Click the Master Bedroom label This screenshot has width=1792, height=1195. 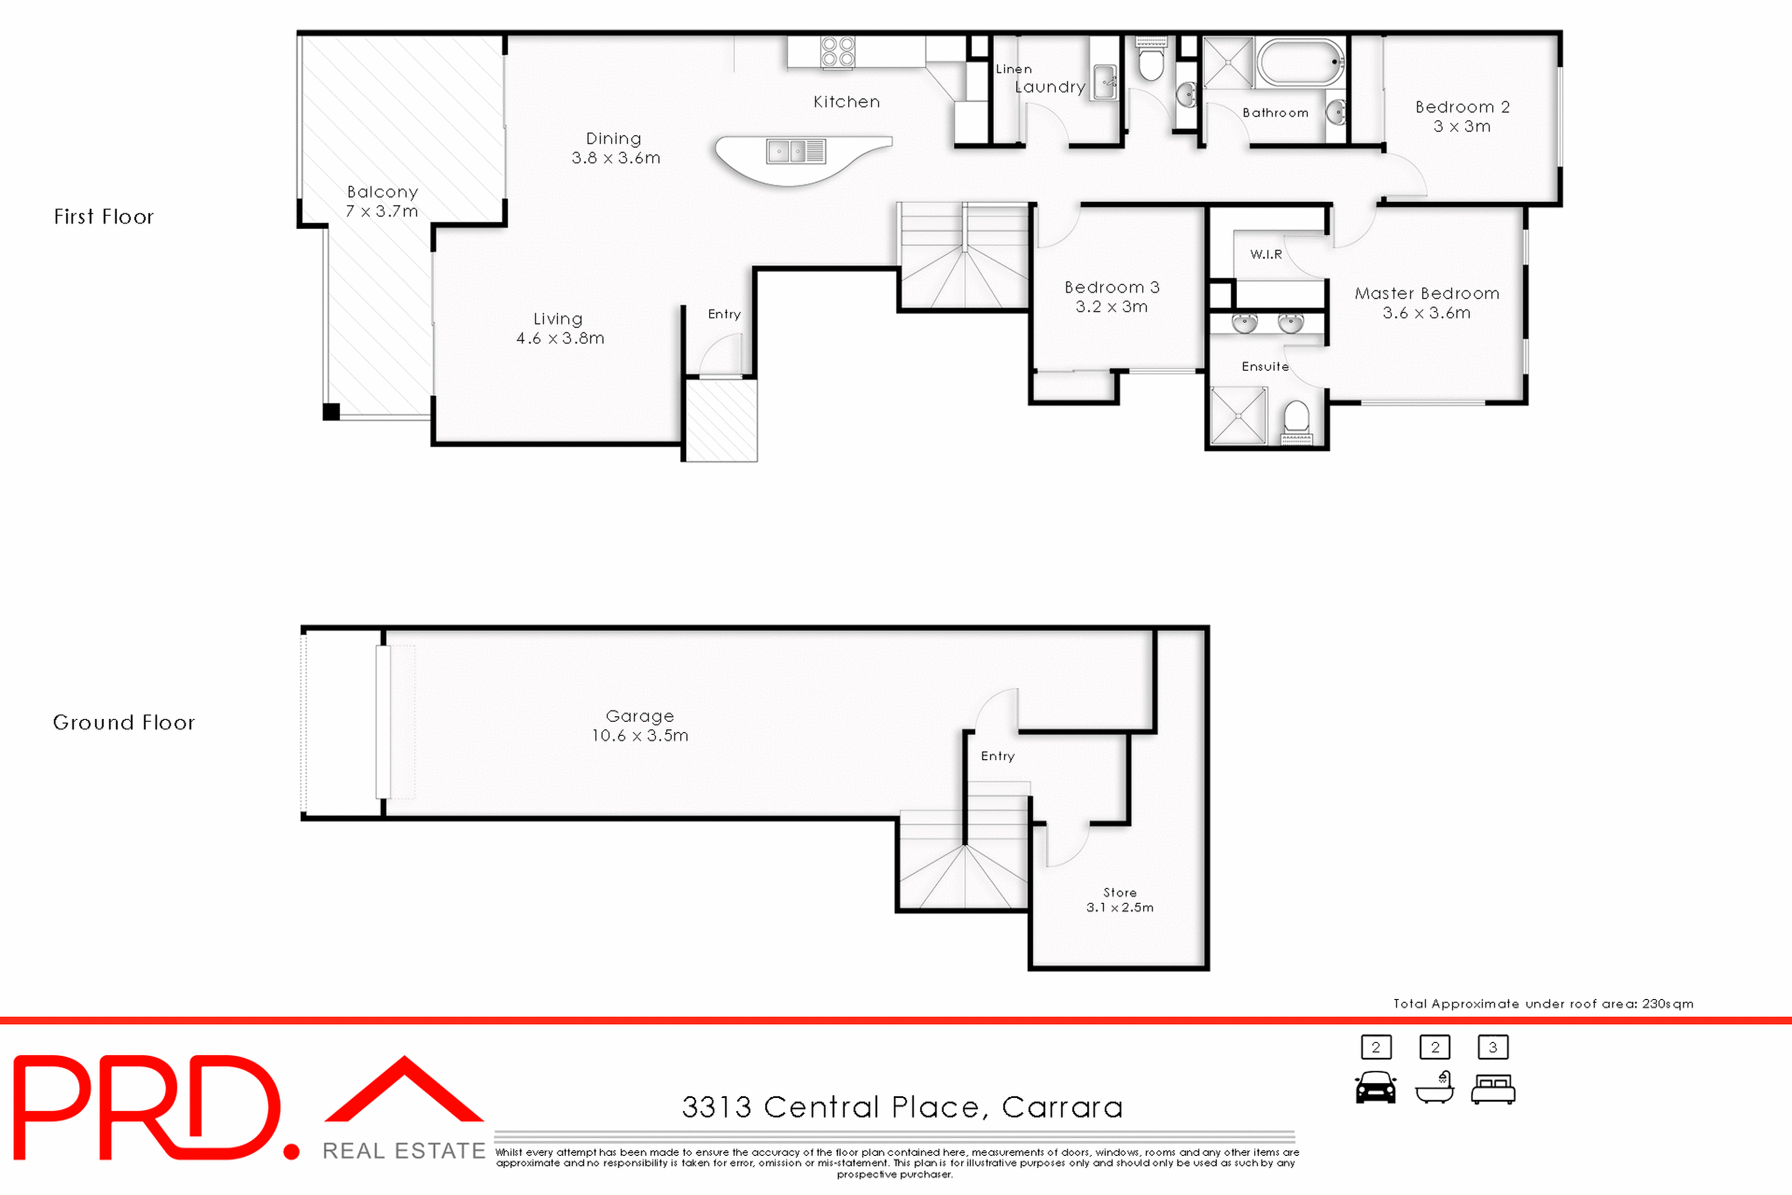(1426, 293)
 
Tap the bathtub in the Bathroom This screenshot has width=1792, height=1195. (1300, 63)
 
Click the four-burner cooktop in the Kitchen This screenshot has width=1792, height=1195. (837, 52)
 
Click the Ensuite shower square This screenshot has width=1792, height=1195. (1239, 415)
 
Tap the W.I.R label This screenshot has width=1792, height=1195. (1266, 254)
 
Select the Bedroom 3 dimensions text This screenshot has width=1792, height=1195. (1111, 307)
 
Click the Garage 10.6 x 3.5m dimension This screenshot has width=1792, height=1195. (639, 736)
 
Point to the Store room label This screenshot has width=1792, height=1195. (1120, 893)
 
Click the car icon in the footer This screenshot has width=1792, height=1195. (1376, 1088)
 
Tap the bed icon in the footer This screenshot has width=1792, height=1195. (1492, 1089)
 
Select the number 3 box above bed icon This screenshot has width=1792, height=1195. (1492, 1047)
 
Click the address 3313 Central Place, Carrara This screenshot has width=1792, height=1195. (902, 1107)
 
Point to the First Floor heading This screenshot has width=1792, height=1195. (104, 217)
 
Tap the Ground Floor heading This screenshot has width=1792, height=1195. (123, 723)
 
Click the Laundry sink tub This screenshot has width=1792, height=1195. (1104, 82)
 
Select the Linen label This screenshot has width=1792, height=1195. (1014, 69)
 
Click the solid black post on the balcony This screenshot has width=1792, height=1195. (331, 412)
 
